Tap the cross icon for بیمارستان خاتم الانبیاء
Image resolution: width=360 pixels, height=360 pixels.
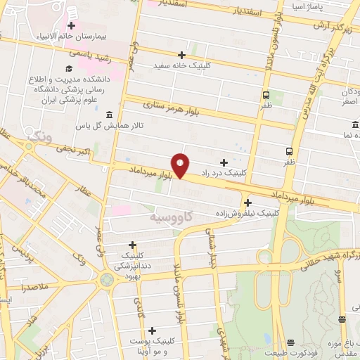71,25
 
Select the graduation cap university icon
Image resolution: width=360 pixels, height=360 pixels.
69,68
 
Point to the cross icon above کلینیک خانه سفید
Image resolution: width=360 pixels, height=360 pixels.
182,55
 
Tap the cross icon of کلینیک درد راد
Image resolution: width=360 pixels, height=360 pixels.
224,162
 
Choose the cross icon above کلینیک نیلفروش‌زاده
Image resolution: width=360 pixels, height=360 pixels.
247,202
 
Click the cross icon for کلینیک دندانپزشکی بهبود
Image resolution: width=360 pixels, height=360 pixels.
132,245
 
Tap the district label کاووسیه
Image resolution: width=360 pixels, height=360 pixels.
170,219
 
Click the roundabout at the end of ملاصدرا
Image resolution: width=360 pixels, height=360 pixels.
107,281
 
